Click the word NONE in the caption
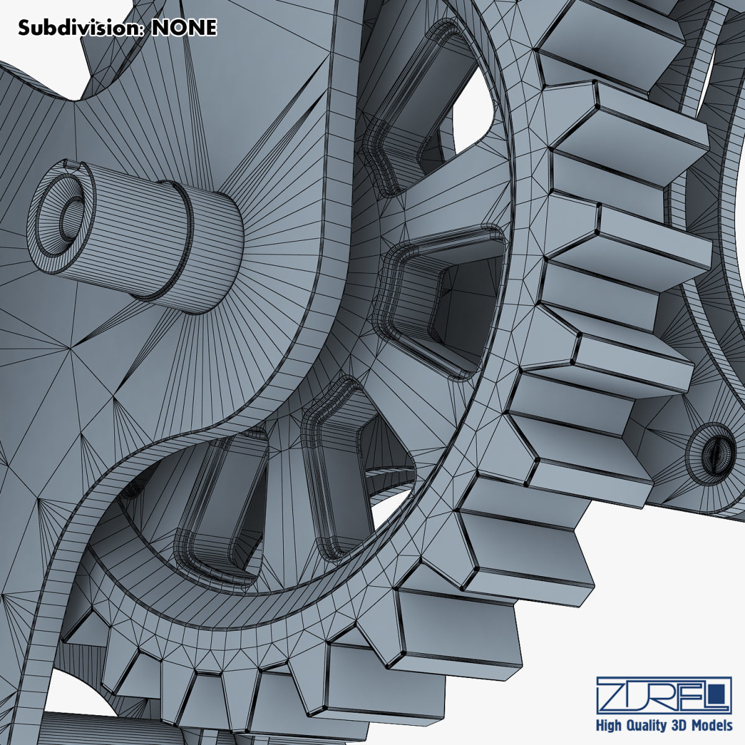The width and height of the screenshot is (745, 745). pos(184,27)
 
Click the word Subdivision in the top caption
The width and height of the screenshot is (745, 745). pos(81,27)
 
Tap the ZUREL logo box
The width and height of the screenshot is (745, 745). pos(663,695)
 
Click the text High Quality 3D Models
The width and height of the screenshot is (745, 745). pos(664,725)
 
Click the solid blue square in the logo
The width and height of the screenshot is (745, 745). pos(720,692)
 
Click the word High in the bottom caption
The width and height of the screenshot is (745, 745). pos(610,725)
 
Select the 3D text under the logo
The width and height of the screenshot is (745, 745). pos(679,725)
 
